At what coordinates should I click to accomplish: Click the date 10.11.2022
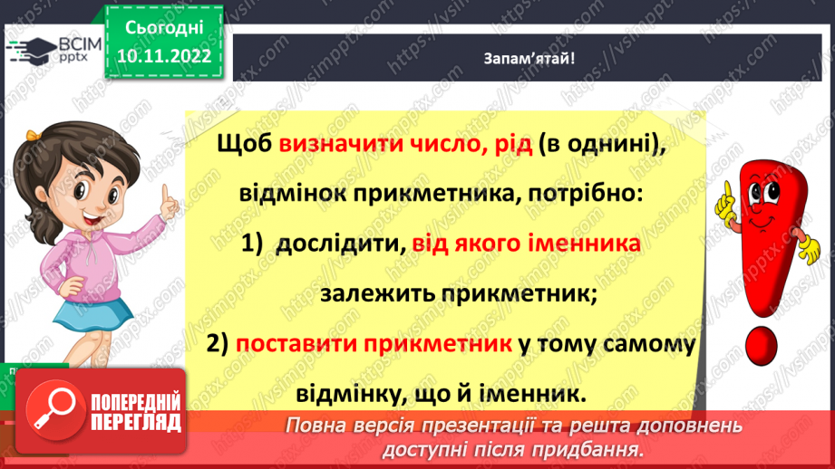(165, 55)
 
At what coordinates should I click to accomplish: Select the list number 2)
(218, 346)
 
